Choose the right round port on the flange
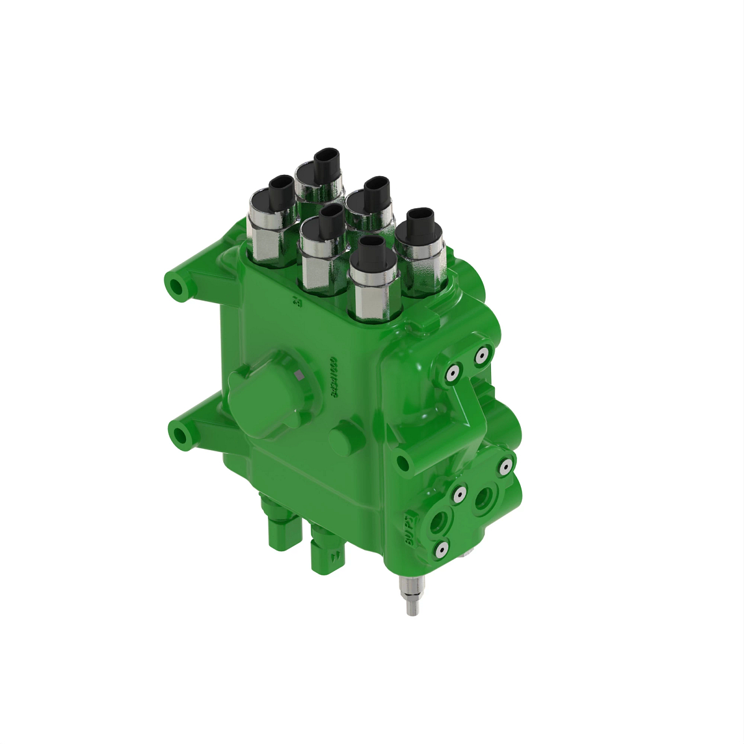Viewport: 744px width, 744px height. pos(483,496)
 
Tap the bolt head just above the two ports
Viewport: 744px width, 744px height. pos(459,494)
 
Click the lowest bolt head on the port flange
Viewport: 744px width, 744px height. pos(441,549)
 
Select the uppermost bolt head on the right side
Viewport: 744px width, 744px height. pos(481,355)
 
